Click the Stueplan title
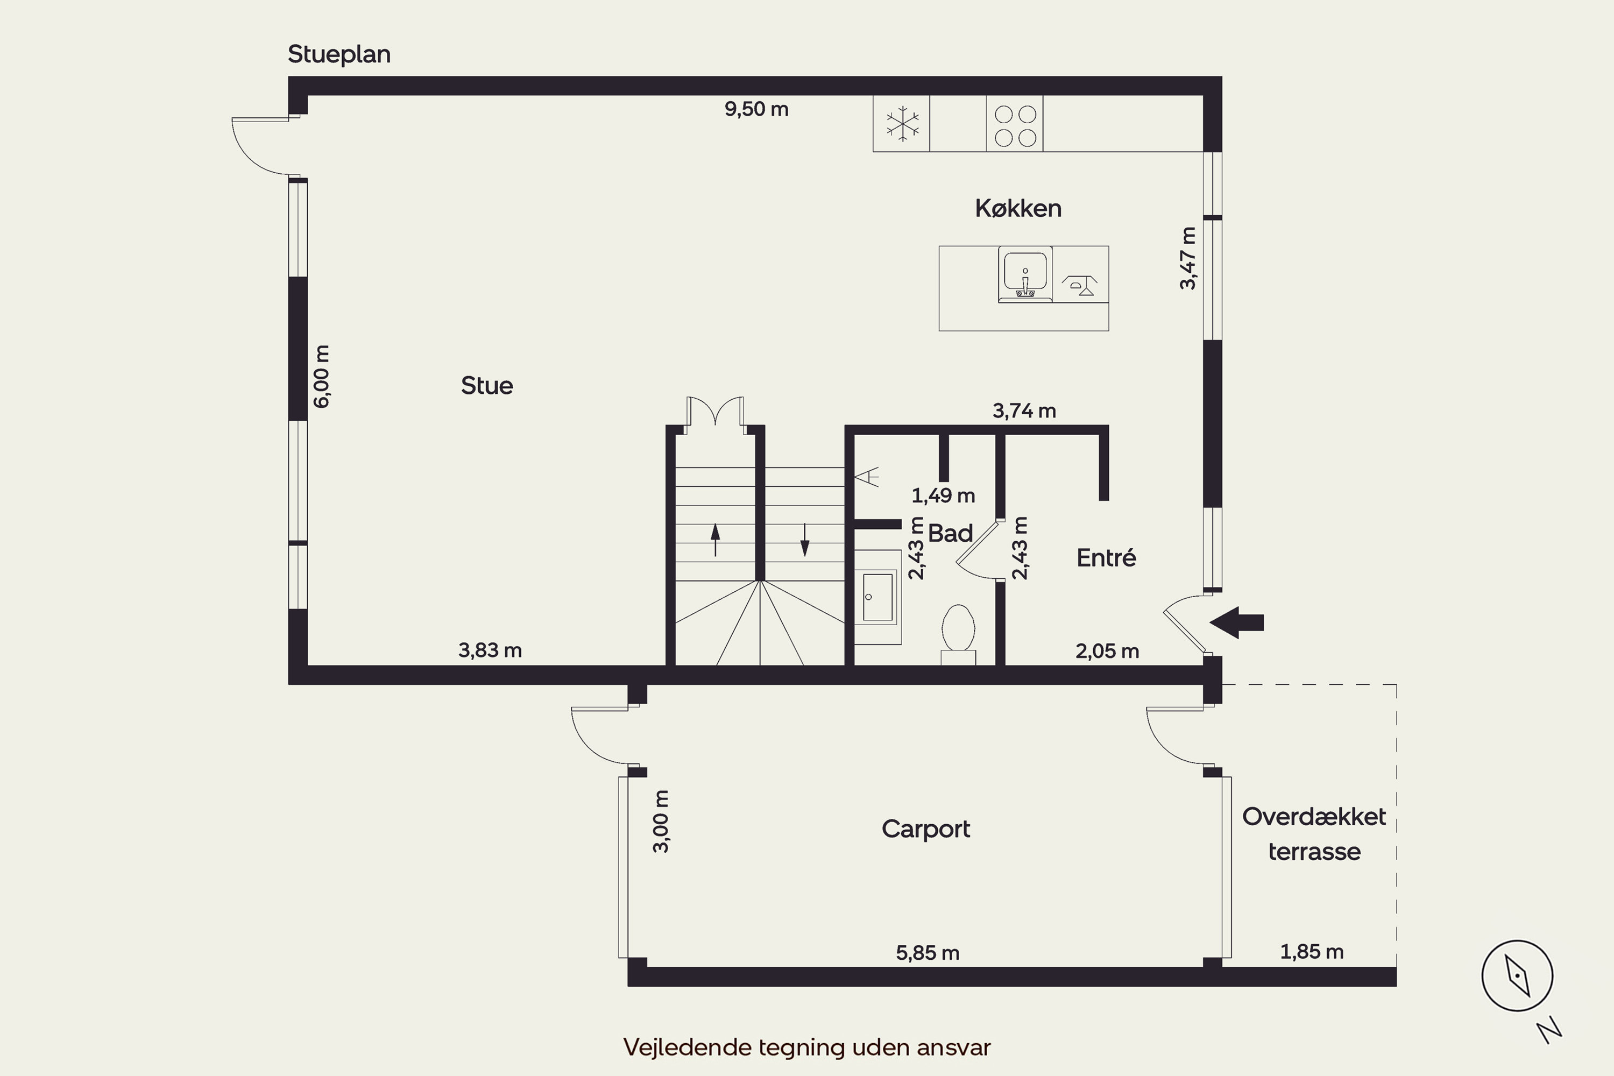coord(339,55)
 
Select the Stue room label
coord(486,386)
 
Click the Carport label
coord(926,830)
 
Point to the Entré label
coord(1106,557)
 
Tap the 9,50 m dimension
coord(756,109)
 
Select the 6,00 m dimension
coord(321,377)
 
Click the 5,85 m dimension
coord(927,952)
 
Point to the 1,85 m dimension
coord(1312,952)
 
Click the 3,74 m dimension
coord(1024,411)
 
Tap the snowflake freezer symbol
coord(902,124)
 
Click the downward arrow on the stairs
coord(804,540)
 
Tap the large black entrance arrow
coord(1236,623)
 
